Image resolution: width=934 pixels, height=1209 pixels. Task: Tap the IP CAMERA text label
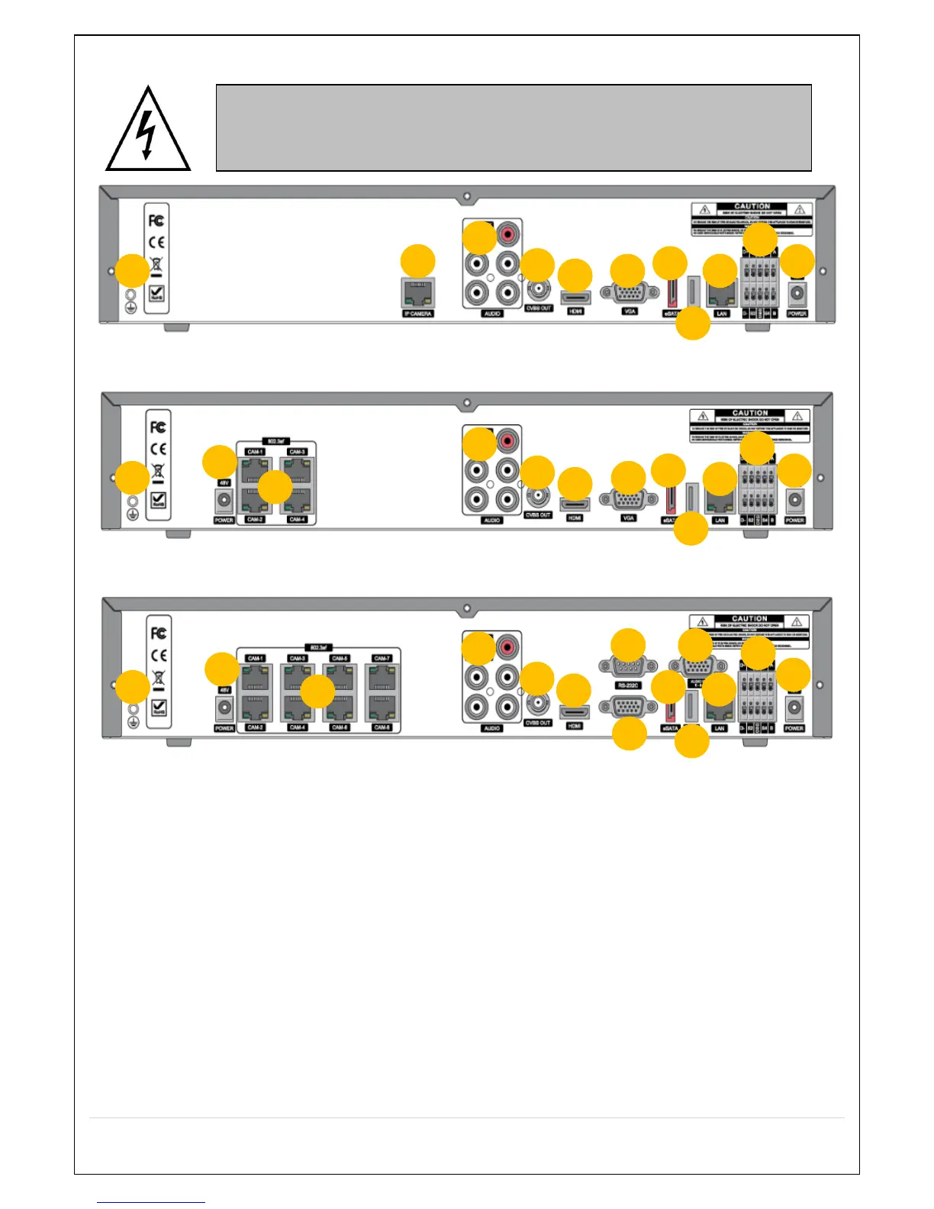coord(417,314)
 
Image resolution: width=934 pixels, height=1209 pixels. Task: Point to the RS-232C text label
coord(628,685)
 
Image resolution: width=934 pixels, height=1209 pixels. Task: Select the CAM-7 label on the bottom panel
coord(382,658)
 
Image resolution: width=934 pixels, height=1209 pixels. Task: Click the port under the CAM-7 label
coord(382,677)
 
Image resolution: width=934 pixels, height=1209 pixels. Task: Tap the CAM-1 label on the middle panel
coord(255,452)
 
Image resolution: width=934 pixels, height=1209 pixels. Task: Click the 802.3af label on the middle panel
coord(275,441)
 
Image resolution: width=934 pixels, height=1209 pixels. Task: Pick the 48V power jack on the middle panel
coord(224,501)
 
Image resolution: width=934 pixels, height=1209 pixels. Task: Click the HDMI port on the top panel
coord(575,297)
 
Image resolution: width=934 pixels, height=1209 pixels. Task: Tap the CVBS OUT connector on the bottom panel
coord(538,703)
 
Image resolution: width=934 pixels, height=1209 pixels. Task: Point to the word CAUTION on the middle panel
coord(750,413)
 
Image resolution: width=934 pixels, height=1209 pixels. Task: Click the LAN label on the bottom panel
coord(719,728)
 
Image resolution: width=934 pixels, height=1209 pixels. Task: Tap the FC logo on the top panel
coord(156,221)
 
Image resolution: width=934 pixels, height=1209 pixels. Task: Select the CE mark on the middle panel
coord(158,449)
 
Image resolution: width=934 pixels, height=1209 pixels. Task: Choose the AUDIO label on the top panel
coord(492,314)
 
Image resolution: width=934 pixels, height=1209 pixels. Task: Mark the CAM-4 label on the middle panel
coord(297,520)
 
